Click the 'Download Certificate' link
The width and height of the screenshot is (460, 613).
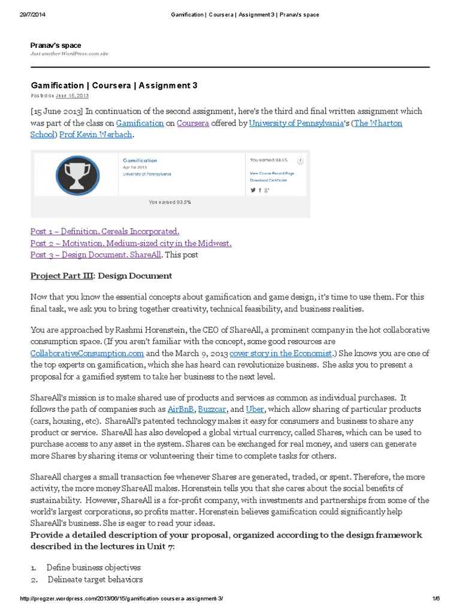268,180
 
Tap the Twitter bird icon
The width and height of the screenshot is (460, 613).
253,190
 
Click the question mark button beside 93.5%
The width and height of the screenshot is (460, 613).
299,160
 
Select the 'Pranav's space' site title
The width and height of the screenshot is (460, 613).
56,45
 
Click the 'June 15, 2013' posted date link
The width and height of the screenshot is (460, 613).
72,96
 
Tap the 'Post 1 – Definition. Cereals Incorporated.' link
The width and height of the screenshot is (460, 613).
105,231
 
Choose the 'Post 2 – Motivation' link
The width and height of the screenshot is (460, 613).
131,243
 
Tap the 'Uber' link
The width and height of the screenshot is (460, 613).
255,409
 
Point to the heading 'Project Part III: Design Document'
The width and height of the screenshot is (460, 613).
101,276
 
